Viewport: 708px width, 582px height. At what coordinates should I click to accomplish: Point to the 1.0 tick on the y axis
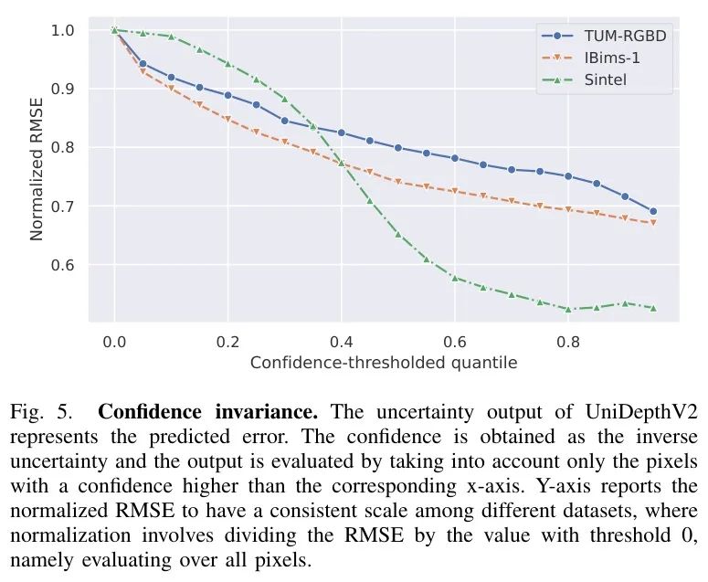coord(62,30)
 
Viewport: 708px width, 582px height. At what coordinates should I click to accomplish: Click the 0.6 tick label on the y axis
coord(62,265)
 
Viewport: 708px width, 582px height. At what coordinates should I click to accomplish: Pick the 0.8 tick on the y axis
coord(62,147)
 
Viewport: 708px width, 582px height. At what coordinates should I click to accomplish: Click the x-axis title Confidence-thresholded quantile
coord(384,363)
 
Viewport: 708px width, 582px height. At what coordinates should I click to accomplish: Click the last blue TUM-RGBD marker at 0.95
coord(653,211)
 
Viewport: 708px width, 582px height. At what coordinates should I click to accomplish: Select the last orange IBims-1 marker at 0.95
coord(653,223)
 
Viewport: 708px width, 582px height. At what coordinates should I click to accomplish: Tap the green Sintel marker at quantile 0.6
coord(454,277)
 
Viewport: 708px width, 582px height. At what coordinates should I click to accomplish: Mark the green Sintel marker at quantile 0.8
coord(568,309)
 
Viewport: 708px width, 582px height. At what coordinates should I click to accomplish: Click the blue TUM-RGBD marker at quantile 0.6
coord(454,158)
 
